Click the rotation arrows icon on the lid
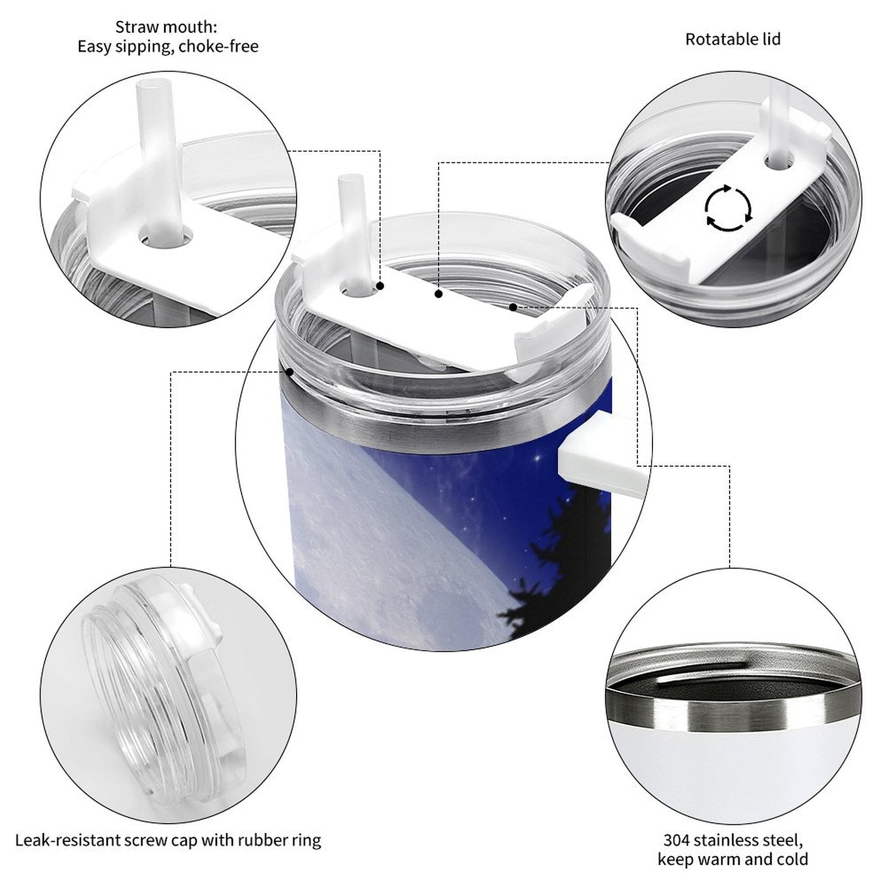pos(728,208)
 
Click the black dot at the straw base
pos(380,286)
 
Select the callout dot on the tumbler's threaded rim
pos(289,372)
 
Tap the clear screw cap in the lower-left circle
pos(164,687)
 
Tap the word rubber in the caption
pos(262,840)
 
